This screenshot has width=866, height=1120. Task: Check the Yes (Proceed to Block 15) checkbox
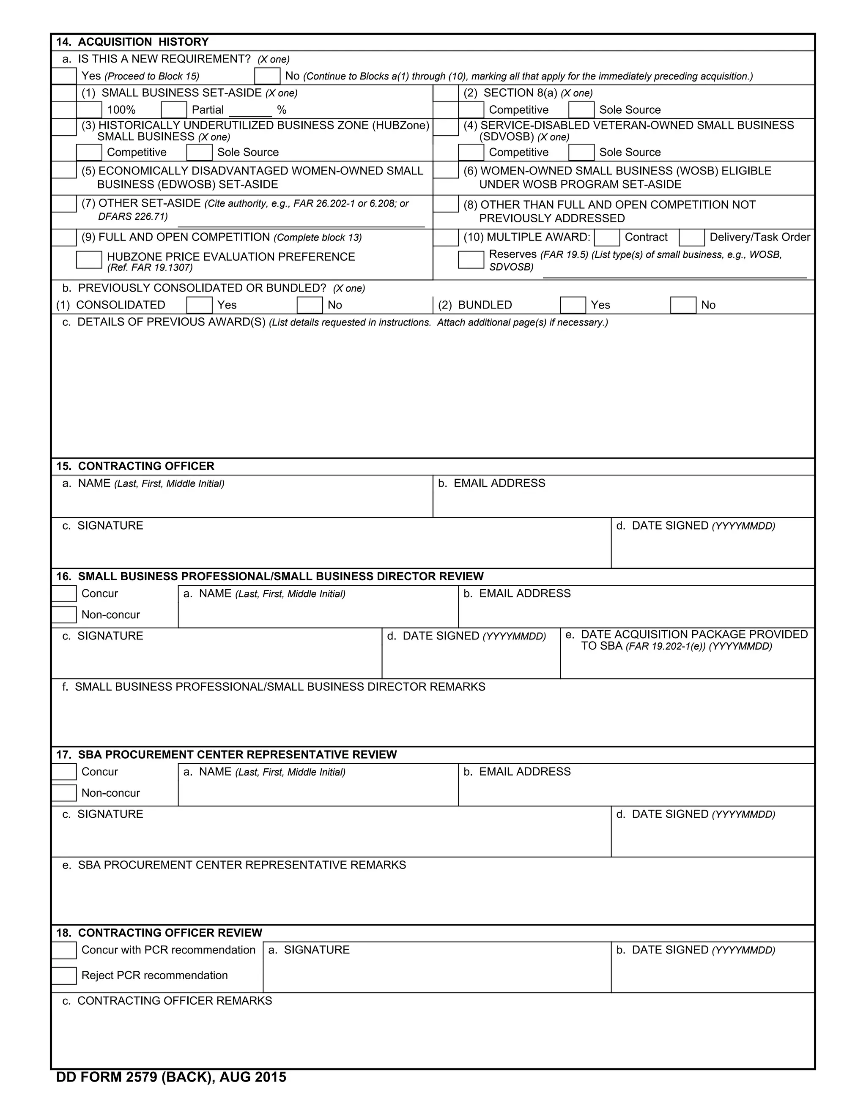(64, 76)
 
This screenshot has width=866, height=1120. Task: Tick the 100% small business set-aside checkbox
(89, 110)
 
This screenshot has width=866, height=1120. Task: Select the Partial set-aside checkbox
(173, 110)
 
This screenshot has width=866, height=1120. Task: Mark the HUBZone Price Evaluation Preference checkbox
(89, 260)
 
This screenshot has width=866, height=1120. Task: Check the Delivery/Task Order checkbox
(691, 238)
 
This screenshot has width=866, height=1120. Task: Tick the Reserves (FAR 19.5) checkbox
(471, 260)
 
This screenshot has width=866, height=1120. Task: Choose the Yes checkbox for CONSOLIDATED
(199, 305)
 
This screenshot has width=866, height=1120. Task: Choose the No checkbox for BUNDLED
(683, 305)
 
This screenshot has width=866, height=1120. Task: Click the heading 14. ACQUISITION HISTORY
(132, 42)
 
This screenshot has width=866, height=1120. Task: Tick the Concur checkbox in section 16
(64, 594)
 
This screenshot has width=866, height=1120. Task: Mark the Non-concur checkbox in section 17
(64, 793)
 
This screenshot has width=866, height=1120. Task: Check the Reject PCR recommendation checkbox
(64, 975)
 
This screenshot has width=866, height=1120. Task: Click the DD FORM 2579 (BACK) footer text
(171, 1077)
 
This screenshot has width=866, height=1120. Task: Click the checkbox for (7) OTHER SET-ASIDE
(64, 204)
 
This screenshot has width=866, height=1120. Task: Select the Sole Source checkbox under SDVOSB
(581, 152)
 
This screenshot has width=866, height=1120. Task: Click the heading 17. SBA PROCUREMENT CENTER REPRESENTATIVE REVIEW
(226, 754)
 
